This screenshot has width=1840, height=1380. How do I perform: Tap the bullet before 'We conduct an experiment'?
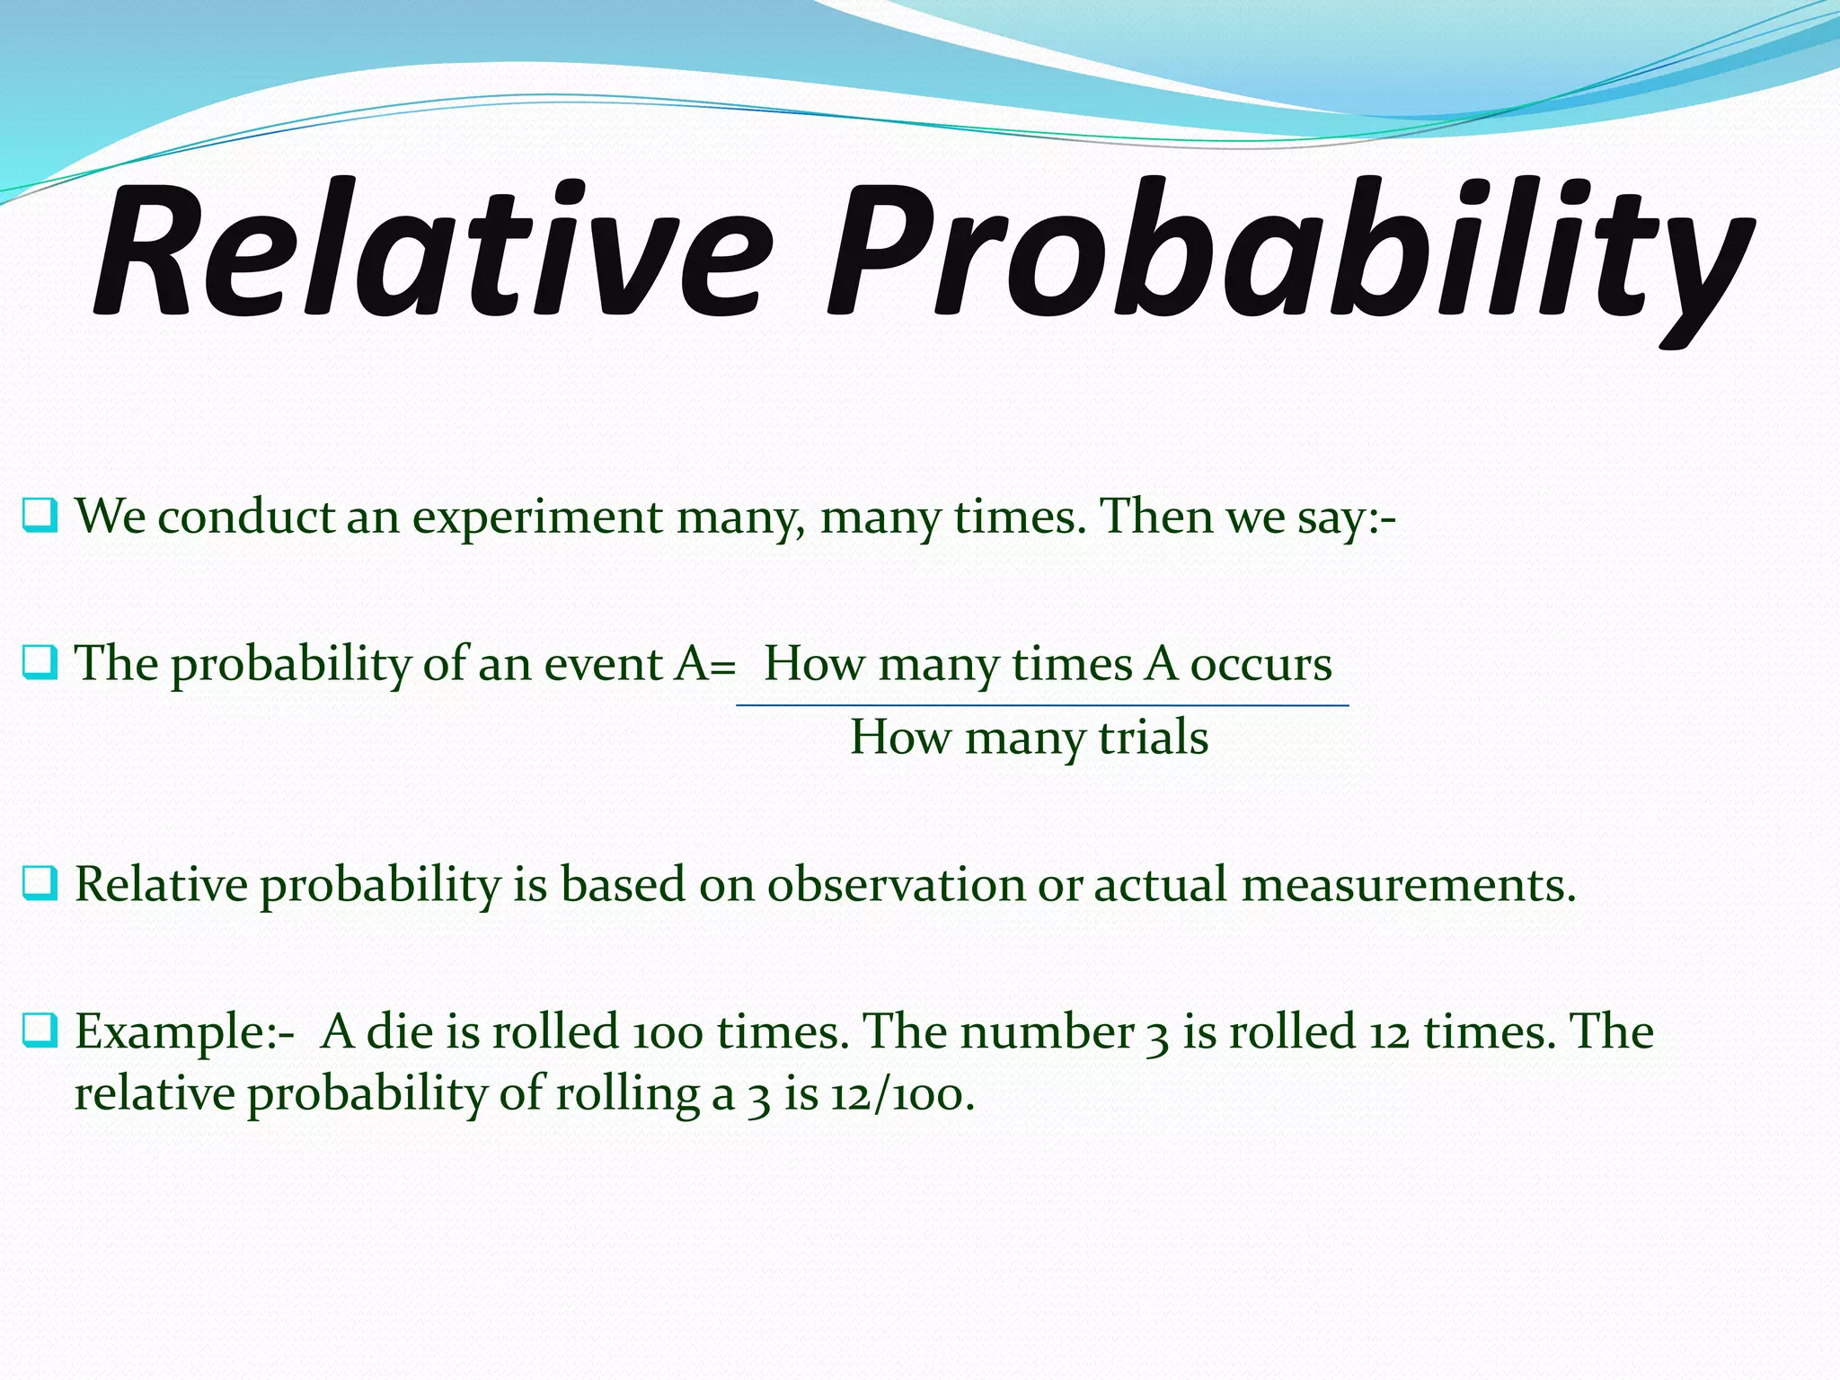pyautogui.click(x=40, y=516)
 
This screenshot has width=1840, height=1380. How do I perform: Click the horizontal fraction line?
pyautogui.click(x=1042, y=706)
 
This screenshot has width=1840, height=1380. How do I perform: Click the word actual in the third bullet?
pyautogui.click(x=1160, y=884)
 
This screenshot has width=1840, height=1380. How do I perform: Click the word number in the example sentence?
pyautogui.click(x=1047, y=1031)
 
